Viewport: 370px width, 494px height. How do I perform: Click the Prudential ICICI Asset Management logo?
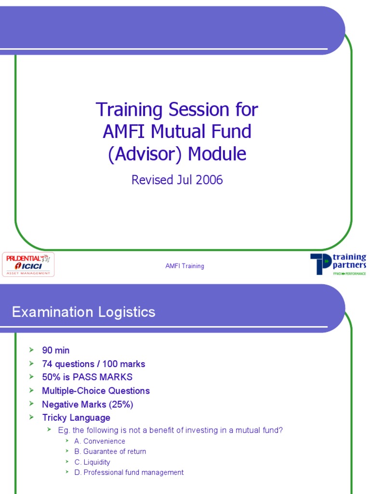[x=28, y=264]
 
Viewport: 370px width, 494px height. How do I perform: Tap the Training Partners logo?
[x=338, y=264]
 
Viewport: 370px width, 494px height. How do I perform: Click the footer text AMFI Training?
[x=185, y=266]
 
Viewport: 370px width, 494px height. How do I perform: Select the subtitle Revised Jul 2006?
[x=177, y=180]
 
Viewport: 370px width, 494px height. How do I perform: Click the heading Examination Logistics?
[x=83, y=312]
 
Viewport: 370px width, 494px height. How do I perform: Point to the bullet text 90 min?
[x=56, y=350]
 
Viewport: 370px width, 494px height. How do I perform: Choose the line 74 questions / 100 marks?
[x=93, y=364]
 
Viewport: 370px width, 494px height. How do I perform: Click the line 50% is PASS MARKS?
[x=87, y=377]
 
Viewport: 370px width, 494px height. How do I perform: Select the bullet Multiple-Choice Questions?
[x=96, y=391]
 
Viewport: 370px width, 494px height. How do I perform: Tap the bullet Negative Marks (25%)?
[x=87, y=404]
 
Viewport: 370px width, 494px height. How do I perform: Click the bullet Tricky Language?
[x=76, y=418]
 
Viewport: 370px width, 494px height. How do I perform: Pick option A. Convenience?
[x=100, y=441]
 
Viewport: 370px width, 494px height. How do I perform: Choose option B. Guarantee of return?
[x=110, y=452]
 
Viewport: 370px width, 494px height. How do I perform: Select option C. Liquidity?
[x=92, y=462]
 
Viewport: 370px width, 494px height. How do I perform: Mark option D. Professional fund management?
[x=129, y=473]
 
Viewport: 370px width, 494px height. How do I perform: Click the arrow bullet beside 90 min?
[x=32, y=350]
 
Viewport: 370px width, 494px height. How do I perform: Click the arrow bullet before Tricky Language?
[x=32, y=417]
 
